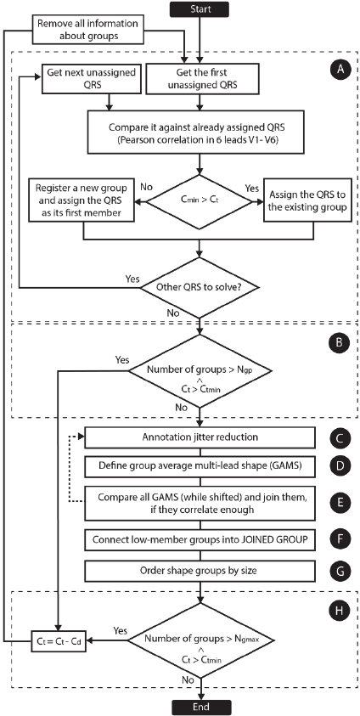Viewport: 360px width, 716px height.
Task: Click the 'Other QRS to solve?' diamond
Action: [x=200, y=288]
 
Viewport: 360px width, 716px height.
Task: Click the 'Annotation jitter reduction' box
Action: [x=200, y=437]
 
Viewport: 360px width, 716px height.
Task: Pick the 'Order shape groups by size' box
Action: [x=200, y=571]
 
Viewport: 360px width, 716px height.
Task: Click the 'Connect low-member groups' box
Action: [x=200, y=539]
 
